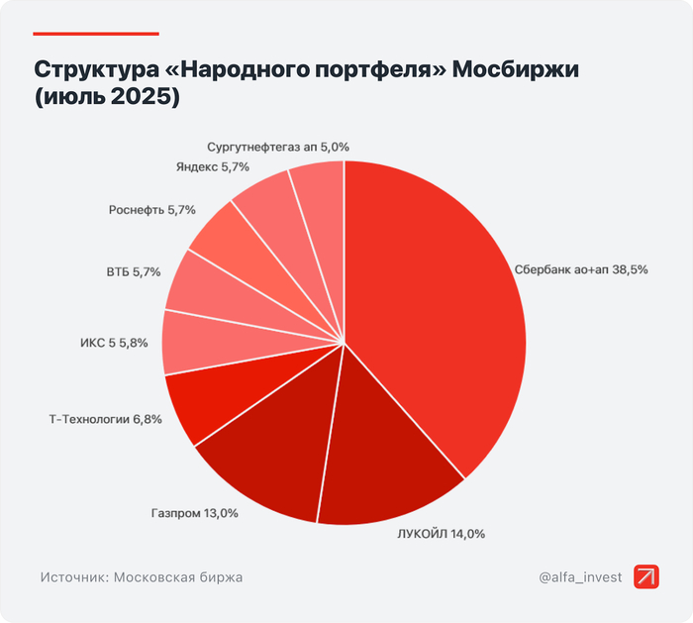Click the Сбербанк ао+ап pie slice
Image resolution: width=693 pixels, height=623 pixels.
coord(436,297)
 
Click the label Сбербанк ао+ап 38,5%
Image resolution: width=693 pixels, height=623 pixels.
coord(581,269)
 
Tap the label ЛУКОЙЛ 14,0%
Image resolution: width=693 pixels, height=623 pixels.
coord(441,534)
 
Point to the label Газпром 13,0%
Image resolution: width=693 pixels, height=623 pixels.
coord(196,514)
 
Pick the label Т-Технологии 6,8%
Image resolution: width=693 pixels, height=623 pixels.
coord(105,419)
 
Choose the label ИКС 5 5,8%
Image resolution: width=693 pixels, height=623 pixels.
coord(114,343)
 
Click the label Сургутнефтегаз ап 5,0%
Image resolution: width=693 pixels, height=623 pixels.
coord(278,147)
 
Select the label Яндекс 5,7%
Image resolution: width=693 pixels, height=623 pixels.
coord(212,167)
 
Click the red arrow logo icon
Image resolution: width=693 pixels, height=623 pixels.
coord(646,576)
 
